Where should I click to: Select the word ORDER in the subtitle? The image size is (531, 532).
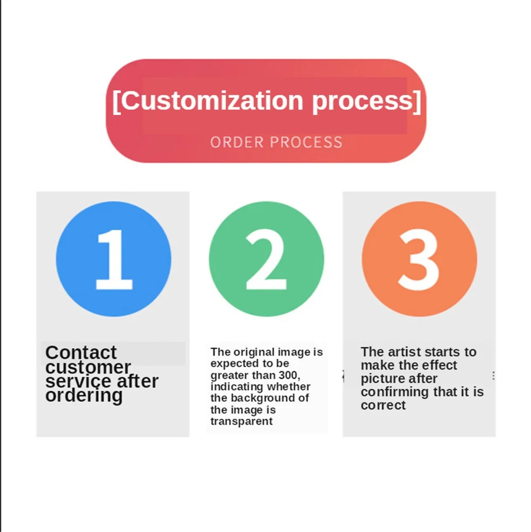coord(237,142)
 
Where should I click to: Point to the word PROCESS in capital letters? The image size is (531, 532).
coord(306,142)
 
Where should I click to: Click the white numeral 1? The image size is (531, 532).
coord(113,259)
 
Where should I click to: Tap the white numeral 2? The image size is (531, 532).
coord(266,259)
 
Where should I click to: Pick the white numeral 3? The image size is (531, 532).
coord(419,259)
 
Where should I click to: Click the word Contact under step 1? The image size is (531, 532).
coord(81,352)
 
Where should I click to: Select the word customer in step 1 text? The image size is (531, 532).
coord(88,367)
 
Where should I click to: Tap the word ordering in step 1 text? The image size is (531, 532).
coord(84,395)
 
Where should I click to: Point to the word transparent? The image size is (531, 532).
coord(242,421)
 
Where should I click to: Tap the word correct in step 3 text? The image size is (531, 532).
coord(383,405)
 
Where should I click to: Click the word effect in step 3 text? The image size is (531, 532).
coord(438,366)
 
